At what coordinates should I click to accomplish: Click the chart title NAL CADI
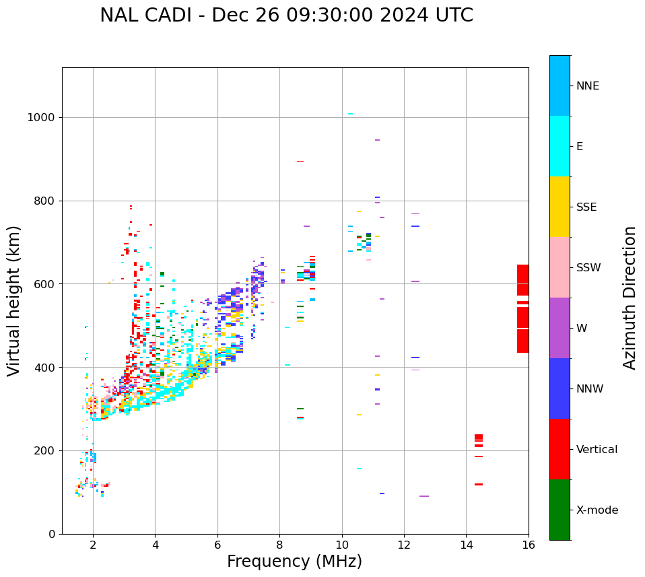click(x=286, y=15)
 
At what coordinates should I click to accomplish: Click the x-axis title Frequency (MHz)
click(x=294, y=562)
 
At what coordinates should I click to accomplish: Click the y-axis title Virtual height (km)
click(x=14, y=300)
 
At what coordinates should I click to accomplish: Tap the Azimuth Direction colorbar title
click(x=630, y=298)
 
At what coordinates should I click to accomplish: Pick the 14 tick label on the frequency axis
click(x=466, y=545)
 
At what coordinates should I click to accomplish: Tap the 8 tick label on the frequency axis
click(x=279, y=545)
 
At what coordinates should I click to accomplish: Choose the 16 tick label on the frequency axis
click(x=529, y=545)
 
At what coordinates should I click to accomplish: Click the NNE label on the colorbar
click(x=587, y=86)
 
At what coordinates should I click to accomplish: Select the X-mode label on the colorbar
click(x=597, y=510)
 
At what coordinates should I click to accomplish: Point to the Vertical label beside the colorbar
click(x=597, y=450)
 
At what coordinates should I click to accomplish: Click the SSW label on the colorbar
click(x=588, y=268)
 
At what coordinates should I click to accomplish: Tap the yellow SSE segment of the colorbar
click(x=559, y=207)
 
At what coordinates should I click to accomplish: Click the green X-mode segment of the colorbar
click(x=559, y=510)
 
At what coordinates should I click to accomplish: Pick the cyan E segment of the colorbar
click(x=559, y=146)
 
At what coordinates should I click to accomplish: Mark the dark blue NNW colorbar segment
click(x=559, y=388)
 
